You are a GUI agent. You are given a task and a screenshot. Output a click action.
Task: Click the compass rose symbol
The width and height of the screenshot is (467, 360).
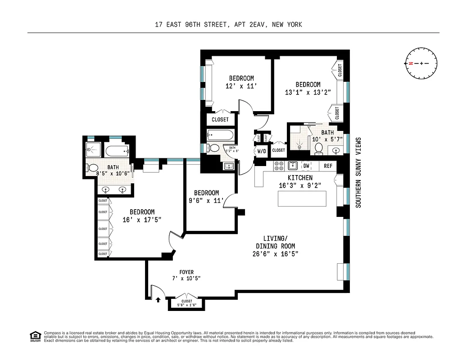421,63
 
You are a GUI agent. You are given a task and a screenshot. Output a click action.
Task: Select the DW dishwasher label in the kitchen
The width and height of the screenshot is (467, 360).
306,166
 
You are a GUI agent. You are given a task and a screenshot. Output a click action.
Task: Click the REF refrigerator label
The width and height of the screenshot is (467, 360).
328,166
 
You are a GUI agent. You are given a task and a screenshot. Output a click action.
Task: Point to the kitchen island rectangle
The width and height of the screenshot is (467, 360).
302,198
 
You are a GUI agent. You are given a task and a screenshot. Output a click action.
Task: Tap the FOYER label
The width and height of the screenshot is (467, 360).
186,272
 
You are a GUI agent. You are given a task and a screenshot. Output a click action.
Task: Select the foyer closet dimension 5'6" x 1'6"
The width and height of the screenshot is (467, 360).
186,306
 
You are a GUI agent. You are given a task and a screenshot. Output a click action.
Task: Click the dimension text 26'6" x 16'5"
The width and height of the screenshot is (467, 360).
276,254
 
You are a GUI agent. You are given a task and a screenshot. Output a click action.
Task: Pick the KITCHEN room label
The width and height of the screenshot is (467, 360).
300,178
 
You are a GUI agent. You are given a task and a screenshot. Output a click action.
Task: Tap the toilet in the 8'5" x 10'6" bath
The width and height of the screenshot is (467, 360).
92,168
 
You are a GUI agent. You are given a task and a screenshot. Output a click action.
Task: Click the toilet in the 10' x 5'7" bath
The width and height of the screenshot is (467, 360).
319,148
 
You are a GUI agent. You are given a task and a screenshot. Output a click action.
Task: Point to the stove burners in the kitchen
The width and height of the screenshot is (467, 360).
279,165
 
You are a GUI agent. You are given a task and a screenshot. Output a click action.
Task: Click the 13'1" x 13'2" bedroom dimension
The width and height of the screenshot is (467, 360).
308,92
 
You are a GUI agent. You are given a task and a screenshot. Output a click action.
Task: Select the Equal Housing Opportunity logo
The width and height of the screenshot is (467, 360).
35,336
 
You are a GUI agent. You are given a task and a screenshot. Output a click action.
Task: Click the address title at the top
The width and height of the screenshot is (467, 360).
233,25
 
